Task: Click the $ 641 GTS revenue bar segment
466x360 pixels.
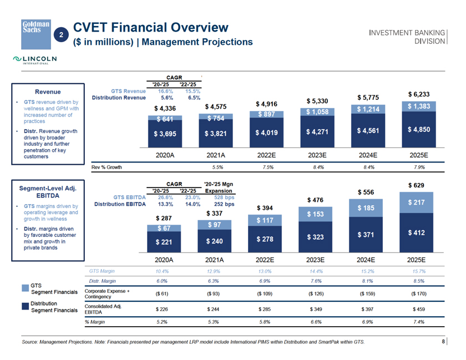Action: coord(164,119)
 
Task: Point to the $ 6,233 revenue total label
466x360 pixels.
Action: coord(417,94)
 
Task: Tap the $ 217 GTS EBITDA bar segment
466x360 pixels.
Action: coord(417,204)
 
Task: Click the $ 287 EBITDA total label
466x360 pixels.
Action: coord(165,218)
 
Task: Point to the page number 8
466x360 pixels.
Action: coord(443,341)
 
